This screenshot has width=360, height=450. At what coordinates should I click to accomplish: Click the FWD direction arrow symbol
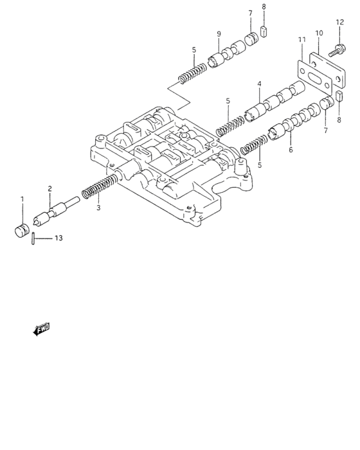coord(40,330)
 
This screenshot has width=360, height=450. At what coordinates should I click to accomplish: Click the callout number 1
coord(21,199)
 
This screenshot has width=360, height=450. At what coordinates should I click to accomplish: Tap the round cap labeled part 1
coord(22,230)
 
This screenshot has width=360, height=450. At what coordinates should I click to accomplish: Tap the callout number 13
coord(58,239)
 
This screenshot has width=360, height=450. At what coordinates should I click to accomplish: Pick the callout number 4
coord(259,84)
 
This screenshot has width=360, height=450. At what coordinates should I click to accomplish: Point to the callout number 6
coord(291,150)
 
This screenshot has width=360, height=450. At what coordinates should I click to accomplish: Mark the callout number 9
coord(219,33)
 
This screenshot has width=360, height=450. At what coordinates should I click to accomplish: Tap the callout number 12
coord(339,23)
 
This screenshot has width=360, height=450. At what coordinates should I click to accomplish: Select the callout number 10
coord(319,33)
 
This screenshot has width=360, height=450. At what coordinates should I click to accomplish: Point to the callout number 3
coord(98,208)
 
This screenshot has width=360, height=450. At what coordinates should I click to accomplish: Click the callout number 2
coord(49,188)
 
